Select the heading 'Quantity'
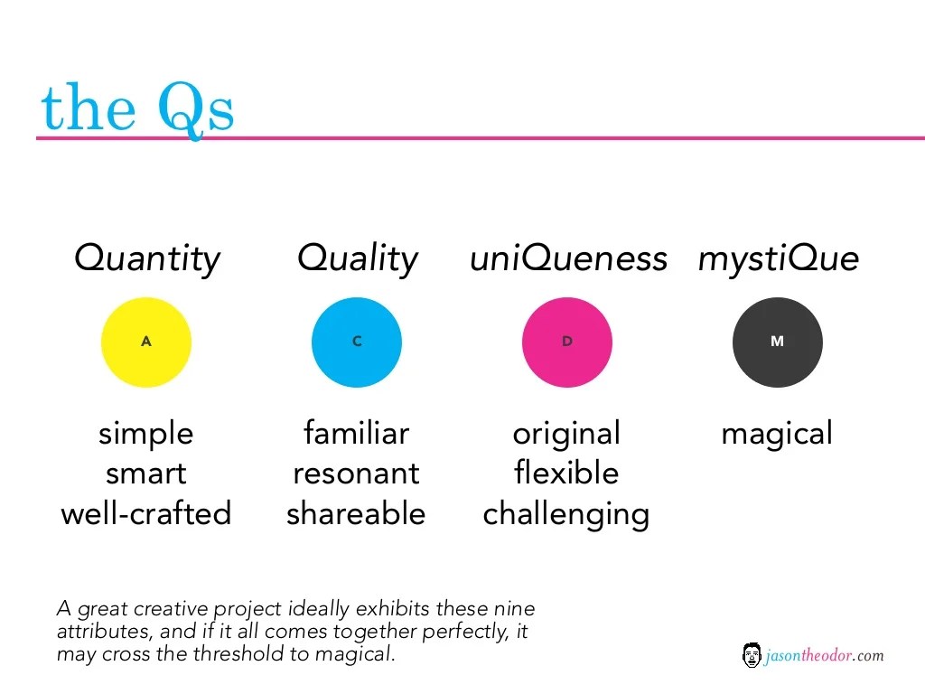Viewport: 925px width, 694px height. (x=146, y=259)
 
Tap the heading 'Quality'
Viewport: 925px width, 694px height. (x=358, y=259)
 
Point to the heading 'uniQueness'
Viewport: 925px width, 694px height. (x=568, y=259)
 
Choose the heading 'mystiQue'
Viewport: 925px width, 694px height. (x=778, y=259)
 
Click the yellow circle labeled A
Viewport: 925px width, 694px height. (x=146, y=342)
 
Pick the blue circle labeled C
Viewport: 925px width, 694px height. (x=357, y=342)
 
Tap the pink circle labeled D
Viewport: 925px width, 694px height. (x=567, y=342)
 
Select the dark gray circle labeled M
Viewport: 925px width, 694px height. (x=778, y=342)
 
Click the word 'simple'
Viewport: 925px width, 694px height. (x=146, y=434)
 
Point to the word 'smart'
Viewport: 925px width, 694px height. (x=146, y=474)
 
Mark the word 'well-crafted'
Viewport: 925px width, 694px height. (x=146, y=513)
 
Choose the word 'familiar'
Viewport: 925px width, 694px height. (x=357, y=434)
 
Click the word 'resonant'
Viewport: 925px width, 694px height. (x=357, y=474)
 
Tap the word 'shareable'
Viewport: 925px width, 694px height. (x=357, y=513)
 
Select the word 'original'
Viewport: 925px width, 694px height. (x=566, y=434)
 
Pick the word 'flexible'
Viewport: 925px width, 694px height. (x=566, y=474)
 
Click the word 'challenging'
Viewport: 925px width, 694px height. (x=566, y=514)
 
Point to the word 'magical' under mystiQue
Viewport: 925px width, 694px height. (x=777, y=434)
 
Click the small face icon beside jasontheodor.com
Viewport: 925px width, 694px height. (x=751, y=655)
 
